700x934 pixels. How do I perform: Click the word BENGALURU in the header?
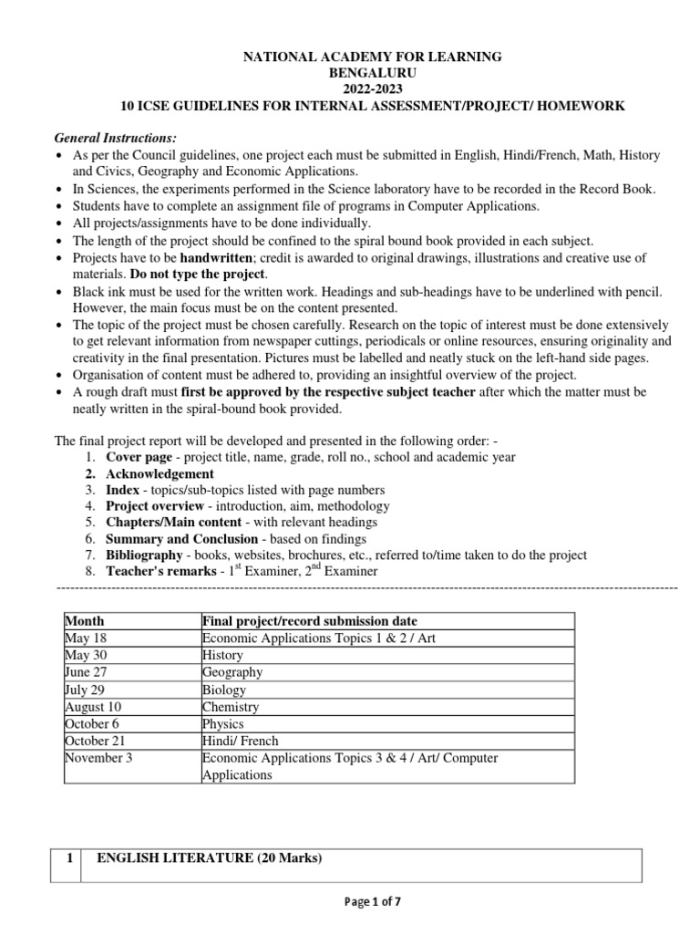370,73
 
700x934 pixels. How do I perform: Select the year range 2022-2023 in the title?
370,89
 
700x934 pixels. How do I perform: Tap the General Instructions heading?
115,138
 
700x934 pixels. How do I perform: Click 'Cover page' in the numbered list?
139,456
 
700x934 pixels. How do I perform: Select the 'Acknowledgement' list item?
160,473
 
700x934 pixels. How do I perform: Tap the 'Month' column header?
85,620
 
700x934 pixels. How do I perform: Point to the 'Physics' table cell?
222,724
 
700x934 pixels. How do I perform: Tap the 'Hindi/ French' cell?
240,741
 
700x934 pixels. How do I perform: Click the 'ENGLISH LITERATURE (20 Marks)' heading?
209,857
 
